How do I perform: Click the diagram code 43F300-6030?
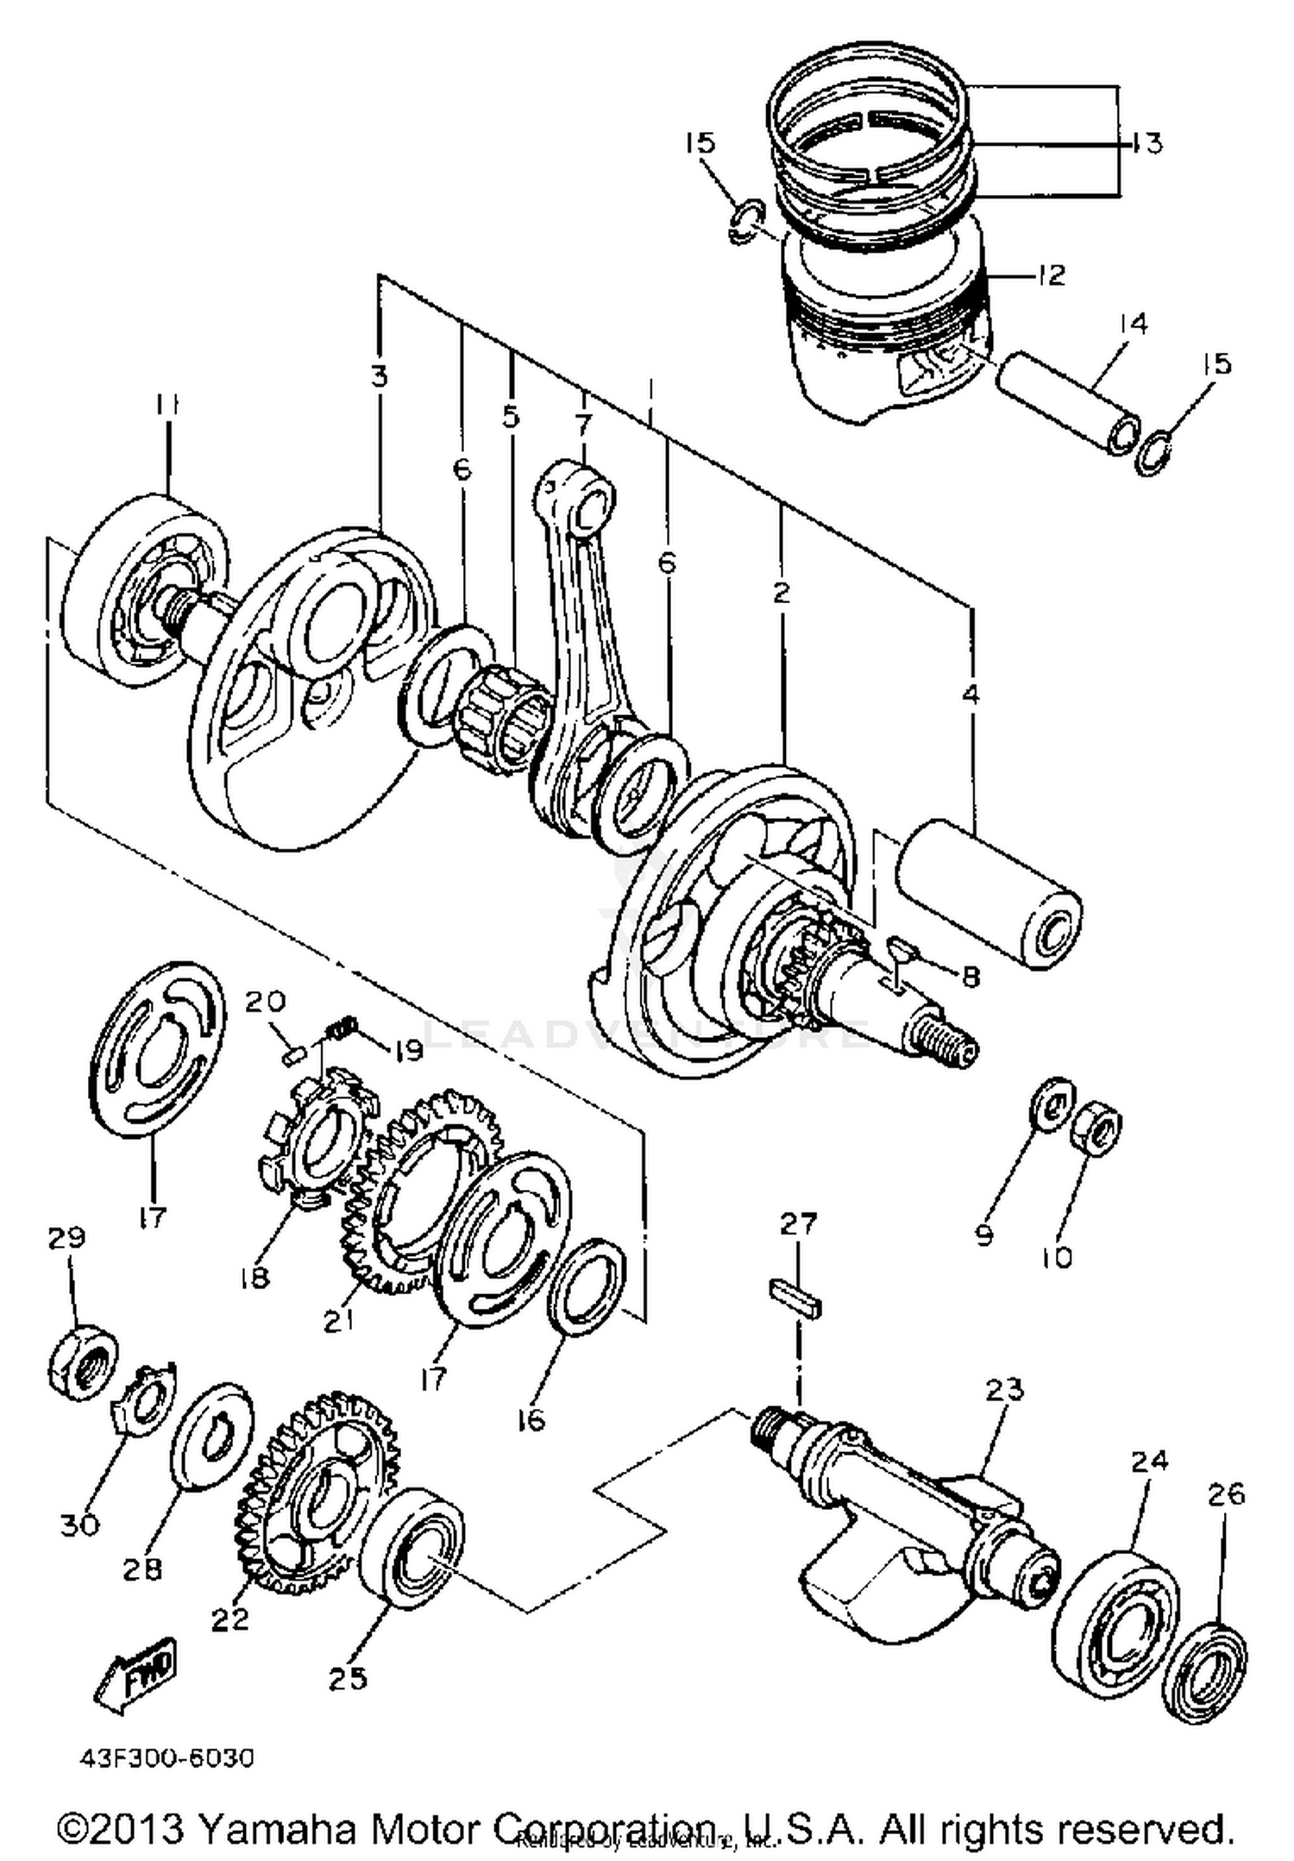point(167,1758)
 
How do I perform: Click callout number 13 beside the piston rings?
point(1145,143)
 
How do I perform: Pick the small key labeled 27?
point(795,1298)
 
